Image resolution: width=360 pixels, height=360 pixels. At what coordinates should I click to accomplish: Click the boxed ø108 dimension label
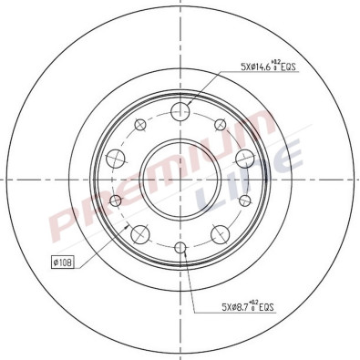63,262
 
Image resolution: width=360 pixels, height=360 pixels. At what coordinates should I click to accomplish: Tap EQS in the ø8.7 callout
265,308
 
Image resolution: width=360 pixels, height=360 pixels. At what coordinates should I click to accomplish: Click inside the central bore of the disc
180,180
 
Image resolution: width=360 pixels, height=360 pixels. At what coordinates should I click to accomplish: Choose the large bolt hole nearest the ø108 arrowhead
139,235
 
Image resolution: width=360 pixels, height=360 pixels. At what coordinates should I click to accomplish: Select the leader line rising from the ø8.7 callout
190,283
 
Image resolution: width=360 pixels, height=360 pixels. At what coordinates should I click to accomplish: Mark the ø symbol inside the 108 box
56,262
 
